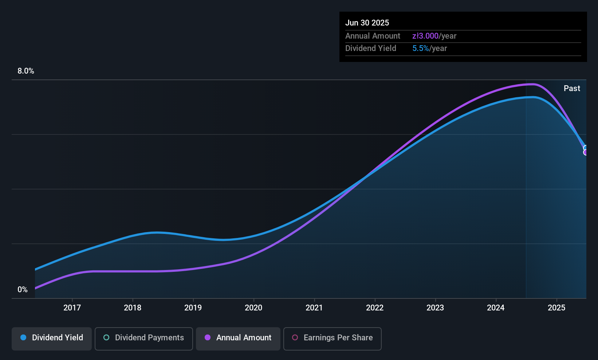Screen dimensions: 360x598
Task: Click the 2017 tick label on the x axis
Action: [72, 308]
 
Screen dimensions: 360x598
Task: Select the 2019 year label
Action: [193, 308]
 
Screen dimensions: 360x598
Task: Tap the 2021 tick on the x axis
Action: [314, 308]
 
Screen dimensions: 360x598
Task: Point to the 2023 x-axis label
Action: [435, 308]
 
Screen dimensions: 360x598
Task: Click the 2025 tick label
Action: [556, 308]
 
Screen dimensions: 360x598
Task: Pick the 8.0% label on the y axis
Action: [26, 71]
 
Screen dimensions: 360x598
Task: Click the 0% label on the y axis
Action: [23, 290]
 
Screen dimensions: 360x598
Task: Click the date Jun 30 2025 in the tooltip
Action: [367, 23]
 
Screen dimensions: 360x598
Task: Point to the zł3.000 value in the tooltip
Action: [425, 36]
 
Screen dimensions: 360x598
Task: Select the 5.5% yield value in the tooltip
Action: [421, 48]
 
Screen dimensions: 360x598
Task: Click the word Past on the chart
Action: [572, 89]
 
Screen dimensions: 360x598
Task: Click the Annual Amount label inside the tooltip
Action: [373, 36]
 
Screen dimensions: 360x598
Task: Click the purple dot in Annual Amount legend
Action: [208, 338]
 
